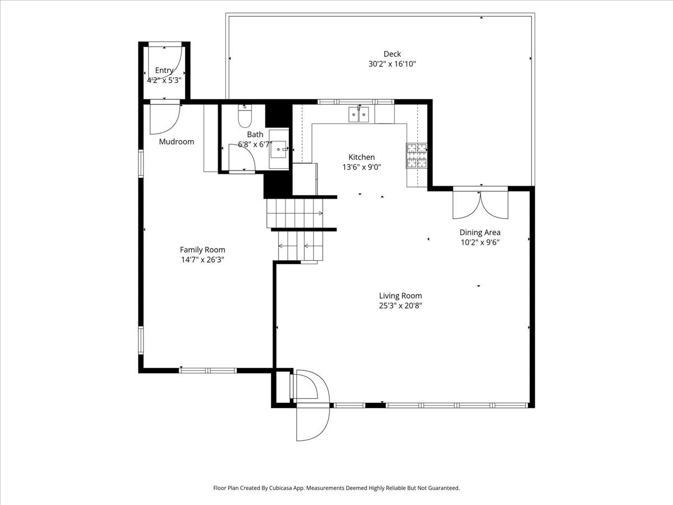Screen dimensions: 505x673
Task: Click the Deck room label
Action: [392, 54]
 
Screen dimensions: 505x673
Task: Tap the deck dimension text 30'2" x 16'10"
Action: [392, 64]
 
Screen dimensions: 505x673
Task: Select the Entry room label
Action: [164, 70]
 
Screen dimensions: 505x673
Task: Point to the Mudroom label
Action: [176, 141]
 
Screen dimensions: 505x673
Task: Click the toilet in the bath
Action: [245, 117]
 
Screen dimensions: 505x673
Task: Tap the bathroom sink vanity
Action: [279, 149]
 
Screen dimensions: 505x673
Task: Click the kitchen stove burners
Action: [416, 156]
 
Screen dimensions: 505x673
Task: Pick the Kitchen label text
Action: [361, 157]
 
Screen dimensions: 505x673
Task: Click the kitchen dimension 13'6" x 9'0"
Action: [361, 167]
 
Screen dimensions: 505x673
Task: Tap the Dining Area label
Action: [480, 232]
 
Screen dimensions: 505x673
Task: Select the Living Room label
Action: [400, 296]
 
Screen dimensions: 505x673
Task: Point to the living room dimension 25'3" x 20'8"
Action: [400, 306]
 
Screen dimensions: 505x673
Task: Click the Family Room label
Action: [202, 250]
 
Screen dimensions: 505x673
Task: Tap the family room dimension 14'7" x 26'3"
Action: [202, 259]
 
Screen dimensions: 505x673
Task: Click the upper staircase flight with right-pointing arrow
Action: [295, 213]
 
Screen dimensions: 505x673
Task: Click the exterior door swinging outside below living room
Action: [312, 424]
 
